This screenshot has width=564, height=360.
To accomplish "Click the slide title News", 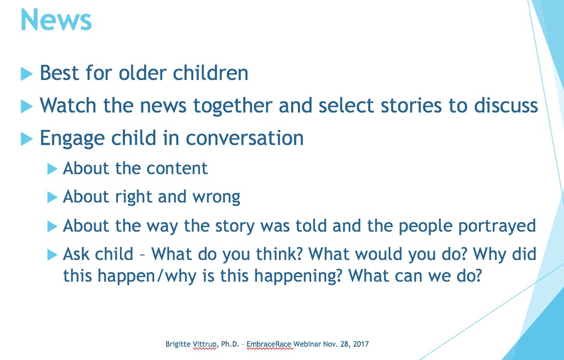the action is pyautogui.click(x=56, y=19).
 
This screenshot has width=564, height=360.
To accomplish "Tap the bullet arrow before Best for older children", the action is pyautogui.click(x=27, y=74).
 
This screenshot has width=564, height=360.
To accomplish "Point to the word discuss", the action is pyautogui.click(x=506, y=105).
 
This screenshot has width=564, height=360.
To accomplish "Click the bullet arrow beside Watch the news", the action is pyautogui.click(x=27, y=106).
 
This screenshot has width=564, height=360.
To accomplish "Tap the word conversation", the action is pyautogui.click(x=245, y=138).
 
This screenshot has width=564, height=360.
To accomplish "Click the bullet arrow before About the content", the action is pyautogui.click(x=52, y=169).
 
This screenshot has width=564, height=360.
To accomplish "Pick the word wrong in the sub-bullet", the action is pyautogui.click(x=216, y=197).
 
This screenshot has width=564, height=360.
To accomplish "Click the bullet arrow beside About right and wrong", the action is pyautogui.click(x=52, y=197).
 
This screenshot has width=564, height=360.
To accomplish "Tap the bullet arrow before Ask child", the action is pyautogui.click(x=52, y=255).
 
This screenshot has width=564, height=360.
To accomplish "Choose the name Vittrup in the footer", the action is pyautogui.click(x=206, y=344).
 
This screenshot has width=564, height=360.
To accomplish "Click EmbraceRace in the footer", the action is pyautogui.click(x=269, y=344).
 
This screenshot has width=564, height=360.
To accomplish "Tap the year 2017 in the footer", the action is pyautogui.click(x=361, y=344).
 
